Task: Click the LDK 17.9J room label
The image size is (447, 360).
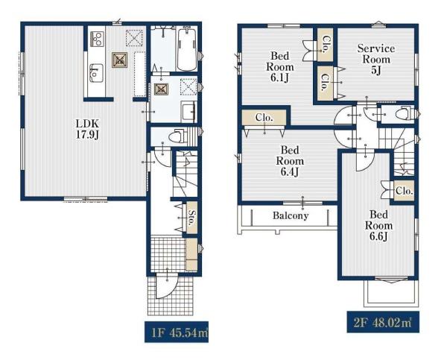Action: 87,129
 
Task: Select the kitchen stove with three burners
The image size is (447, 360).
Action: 97,39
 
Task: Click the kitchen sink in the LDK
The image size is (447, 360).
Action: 96,73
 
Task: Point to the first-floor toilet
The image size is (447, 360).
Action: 177,136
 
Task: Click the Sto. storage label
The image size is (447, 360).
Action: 192,218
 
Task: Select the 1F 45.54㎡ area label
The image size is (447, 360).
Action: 177,332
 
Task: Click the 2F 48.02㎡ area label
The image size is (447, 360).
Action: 383,322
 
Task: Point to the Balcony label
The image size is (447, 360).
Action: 291,215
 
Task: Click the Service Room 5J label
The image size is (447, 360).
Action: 376,59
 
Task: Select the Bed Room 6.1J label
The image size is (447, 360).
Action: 279,66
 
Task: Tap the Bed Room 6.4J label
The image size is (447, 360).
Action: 290,161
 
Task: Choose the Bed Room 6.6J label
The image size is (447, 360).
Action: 378,225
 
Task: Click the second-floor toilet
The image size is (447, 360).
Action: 404,114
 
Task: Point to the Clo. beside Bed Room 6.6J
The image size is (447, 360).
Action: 405,191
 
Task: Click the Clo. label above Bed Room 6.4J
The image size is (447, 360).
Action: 264,117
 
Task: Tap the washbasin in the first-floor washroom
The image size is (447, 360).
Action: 188,111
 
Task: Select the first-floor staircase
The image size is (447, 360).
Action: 186,174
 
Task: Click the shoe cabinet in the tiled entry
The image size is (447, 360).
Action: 191,254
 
